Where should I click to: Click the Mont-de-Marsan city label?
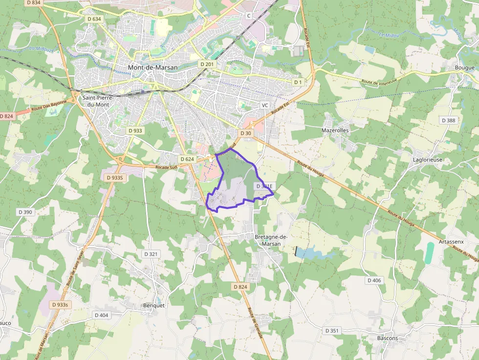click(152, 67)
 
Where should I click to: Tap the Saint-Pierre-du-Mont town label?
click(98, 101)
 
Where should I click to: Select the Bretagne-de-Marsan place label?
click(271, 240)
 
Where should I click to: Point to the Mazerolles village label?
click(335, 130)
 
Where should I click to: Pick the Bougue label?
click(464, 67)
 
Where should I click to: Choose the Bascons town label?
click(388, 338)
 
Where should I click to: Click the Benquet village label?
click(154, 305)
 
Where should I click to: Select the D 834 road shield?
click(34, 2)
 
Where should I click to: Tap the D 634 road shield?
click(94, 19)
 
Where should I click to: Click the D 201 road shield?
click(207, 64)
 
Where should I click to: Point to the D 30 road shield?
click(245, 133)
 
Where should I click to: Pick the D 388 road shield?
click(448, 120)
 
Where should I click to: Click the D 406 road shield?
click(374, 280)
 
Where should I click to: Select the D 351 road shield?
click(332, 331)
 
